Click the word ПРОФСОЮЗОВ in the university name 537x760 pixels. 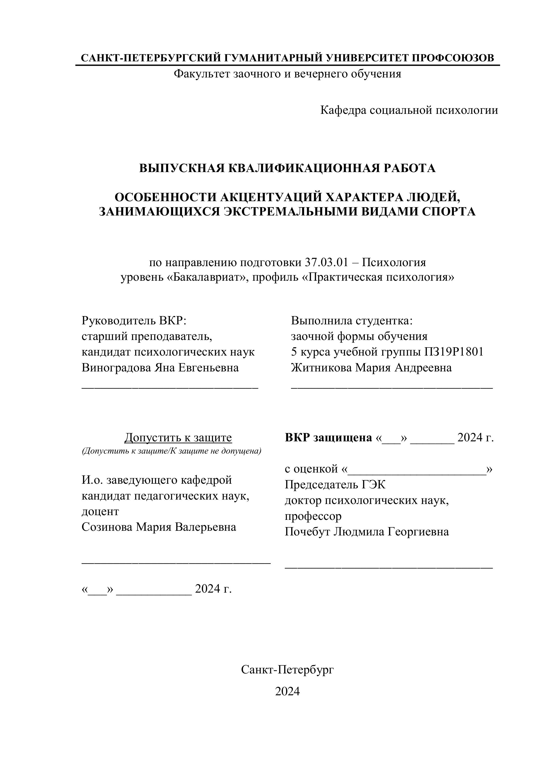452,58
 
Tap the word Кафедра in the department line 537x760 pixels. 343,110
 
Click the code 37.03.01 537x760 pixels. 326,263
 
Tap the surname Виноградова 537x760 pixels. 116,368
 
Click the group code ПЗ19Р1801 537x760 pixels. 454,352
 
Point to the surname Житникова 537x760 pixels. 321,368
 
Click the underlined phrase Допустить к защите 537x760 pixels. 178,438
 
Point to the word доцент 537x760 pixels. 100,512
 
